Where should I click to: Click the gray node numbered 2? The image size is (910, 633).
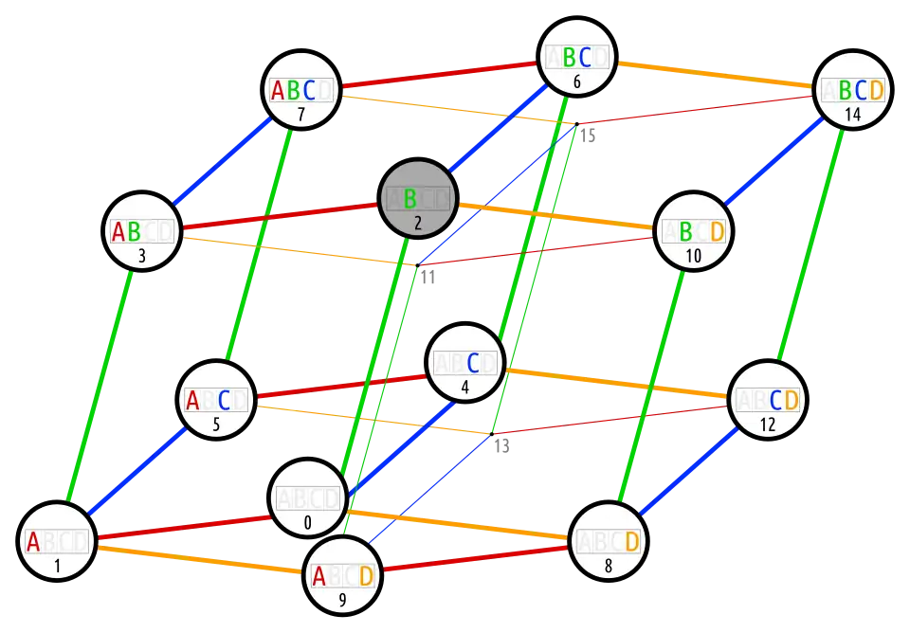(418, 199)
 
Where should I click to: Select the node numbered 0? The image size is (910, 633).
(307, 499)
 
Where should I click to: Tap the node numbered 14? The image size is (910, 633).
(853, 90)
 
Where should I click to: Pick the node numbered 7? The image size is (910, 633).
(300, 90)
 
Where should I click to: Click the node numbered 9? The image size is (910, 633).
(342, 576)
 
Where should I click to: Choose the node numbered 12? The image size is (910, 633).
(767, 401)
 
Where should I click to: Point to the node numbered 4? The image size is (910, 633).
(464, 363)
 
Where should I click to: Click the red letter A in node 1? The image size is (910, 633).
(33, 542)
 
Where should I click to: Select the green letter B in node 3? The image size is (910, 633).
(134, 231)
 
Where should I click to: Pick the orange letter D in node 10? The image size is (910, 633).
(717, 231)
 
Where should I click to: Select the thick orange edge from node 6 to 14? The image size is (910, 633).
(716, 74)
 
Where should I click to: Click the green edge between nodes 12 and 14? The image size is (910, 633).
(811, 244)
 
